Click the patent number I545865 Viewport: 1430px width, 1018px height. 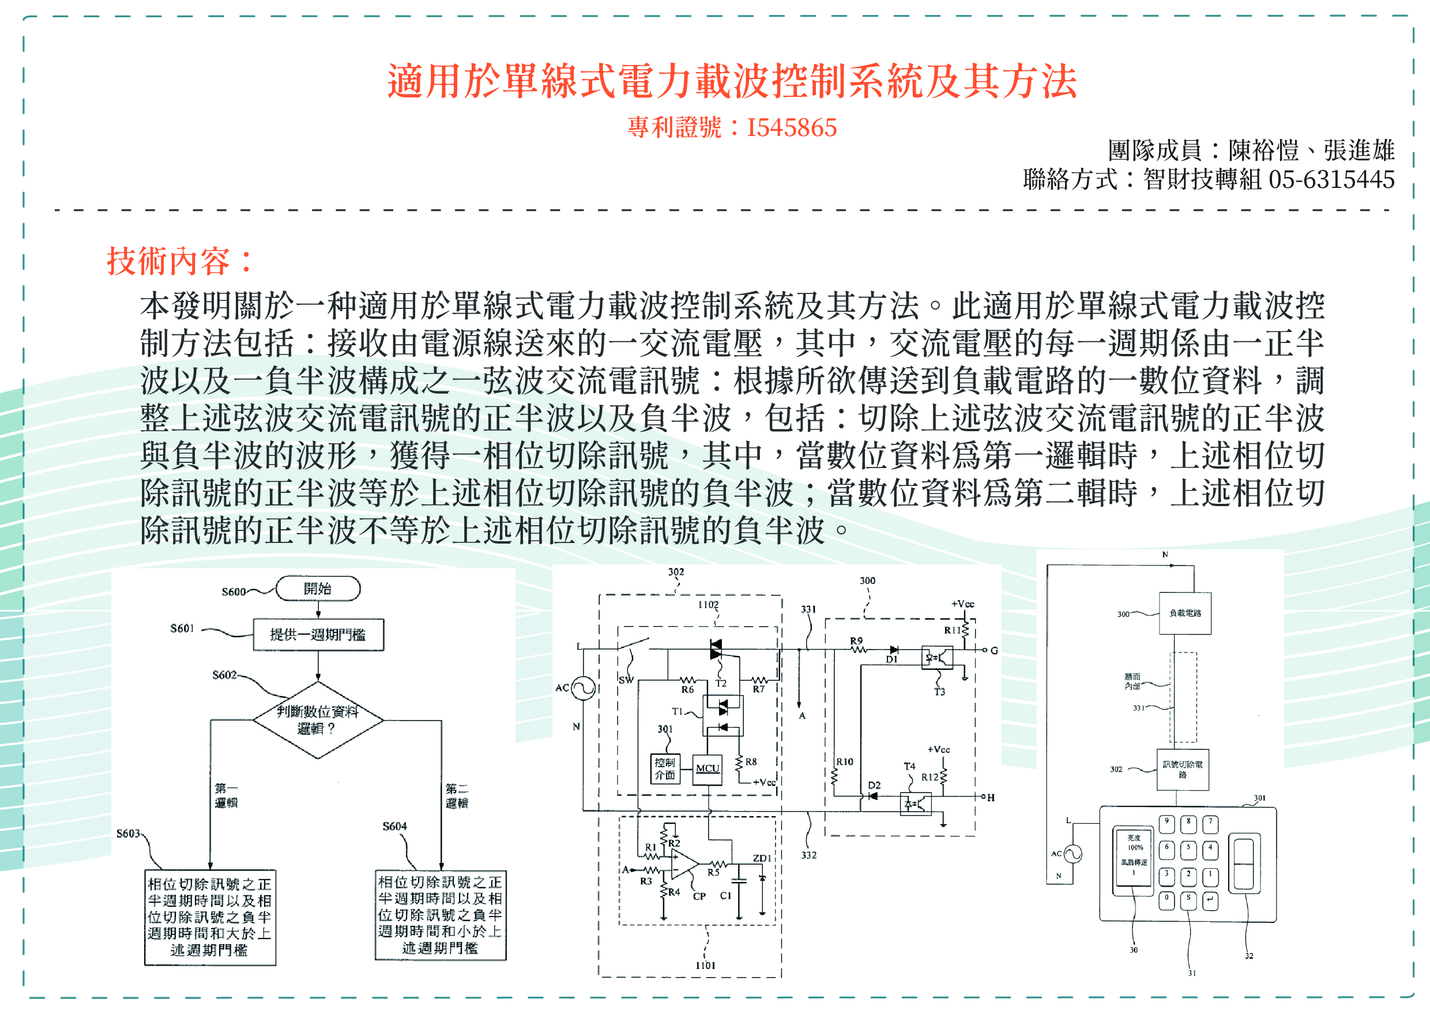pos(791,128)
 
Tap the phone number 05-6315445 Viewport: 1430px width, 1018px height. pos(1331,180)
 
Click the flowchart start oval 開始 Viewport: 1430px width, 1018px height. pos(318,589)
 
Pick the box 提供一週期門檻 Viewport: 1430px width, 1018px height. pos(318,635)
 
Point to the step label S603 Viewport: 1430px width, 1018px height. pos(128,833)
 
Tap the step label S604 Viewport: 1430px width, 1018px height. pos(394,826)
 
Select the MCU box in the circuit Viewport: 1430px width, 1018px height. pos(707,768)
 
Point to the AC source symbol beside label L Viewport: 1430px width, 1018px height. pos(583,688)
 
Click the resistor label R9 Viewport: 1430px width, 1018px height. pos(856,640)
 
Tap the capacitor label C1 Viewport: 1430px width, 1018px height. pos(725,896)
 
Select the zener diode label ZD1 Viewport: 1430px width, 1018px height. pos(762,858)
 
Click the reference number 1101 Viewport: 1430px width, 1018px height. pos(705,966)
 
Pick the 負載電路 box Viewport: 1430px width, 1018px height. pos(1184,613)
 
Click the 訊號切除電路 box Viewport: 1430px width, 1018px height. pos(1183,769)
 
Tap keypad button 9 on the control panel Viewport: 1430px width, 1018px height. pos(1166,823)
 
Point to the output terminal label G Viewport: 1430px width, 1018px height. pos(994,651)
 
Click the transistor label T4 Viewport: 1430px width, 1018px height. pos(909,766)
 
